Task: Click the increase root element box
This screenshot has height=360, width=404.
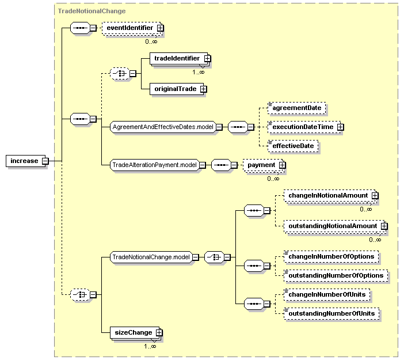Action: click(x=25, y=161)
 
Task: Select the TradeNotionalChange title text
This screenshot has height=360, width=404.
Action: click(x=92, y=11)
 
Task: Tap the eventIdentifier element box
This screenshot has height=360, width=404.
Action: click(x=132, y=28)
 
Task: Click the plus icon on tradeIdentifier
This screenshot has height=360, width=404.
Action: click(x=207, y=59)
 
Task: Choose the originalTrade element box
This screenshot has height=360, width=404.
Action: click(x=177, y=89)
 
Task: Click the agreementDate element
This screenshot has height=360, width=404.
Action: click(x=296, y=108)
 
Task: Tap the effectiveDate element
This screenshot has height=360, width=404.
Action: click(x=293, y=146)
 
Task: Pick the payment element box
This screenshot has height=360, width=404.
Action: click(x=263, y=165)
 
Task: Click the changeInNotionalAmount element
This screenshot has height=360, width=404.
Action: click(x=330, y=196)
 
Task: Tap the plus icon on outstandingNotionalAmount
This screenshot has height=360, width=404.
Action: click(x=384, y=226)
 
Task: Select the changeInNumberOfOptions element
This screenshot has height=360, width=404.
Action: click(x=331, y=256)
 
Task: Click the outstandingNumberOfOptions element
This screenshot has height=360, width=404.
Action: click(x=336, y=276)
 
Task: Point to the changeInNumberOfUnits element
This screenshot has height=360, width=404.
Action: click(x=327, y=295)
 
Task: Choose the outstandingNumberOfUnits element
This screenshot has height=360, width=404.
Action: click(x=331, y=313)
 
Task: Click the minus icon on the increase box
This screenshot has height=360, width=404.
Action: click(x=45, y=161)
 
